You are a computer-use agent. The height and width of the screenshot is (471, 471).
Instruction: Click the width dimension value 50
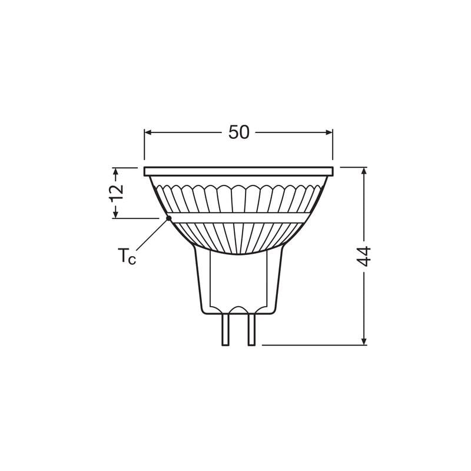(x=239, y=132)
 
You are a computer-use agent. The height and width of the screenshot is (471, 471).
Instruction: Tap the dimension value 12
(x=117, y=193)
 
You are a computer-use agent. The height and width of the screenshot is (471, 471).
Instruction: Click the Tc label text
(x=127, y=256)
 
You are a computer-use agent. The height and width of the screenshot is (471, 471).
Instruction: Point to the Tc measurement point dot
(x=168, y=218)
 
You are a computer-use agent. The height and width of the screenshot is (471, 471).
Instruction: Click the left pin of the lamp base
(x=225, y=329)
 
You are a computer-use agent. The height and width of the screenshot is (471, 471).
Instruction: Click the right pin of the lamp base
(x=251, y=329)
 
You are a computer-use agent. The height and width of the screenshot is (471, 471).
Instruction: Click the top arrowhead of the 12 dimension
(x=116, y=171)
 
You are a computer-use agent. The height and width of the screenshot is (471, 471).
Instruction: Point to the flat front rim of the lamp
(x=238, y=171)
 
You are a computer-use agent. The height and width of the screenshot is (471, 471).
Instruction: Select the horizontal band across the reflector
(x=238, y=217)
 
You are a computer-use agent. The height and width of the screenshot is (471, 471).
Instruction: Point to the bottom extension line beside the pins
(x=312, y=345)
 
